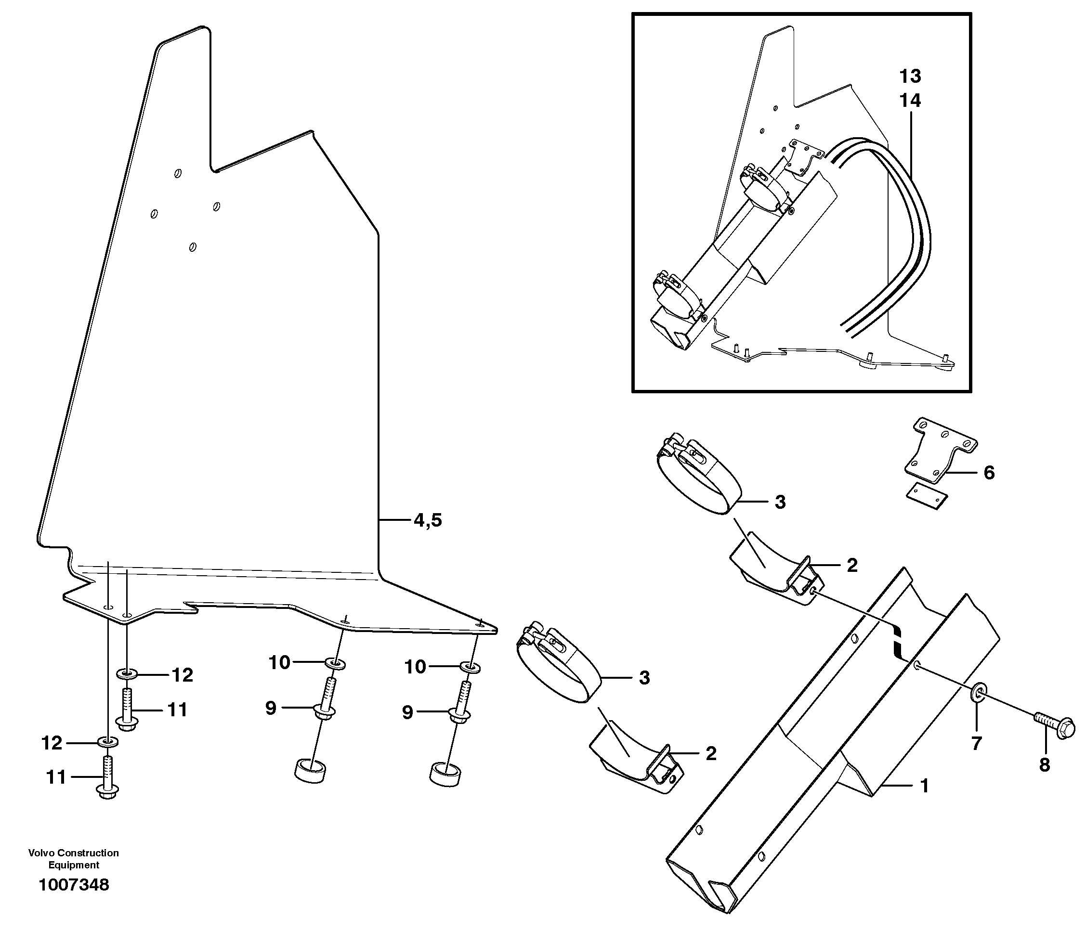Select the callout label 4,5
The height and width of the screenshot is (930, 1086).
(428, 520)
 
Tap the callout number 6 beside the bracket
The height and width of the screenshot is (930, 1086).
(989, 473)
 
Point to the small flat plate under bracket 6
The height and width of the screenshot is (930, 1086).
(927, 495)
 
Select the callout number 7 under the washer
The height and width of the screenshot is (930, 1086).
(976, 744)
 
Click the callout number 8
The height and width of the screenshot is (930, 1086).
(1045, 765)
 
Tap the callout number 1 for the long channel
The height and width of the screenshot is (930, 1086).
(925, 786)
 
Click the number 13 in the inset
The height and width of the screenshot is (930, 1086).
(910, 77)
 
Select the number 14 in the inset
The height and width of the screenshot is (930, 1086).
(910, 101)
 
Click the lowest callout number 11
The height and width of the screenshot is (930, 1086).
(56, 777)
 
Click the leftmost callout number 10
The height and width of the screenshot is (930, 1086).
(279, 663)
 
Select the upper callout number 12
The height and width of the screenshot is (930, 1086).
(183, 675)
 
